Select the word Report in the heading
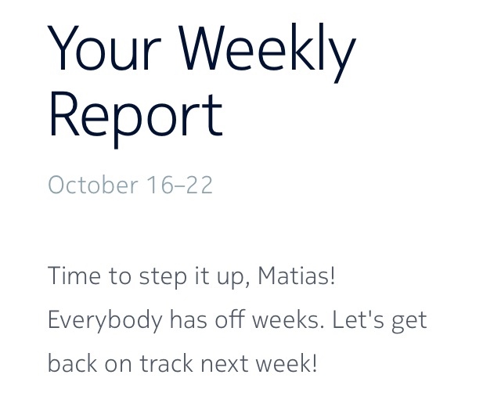(135, 114)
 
